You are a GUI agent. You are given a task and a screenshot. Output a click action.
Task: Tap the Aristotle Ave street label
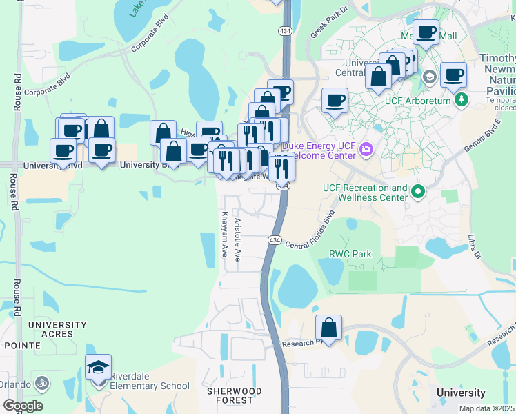[x=237, y=239]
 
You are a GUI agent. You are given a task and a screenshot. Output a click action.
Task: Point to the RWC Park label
[x=350, y=255]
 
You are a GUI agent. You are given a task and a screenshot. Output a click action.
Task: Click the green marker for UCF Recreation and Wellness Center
[x=417, y=190]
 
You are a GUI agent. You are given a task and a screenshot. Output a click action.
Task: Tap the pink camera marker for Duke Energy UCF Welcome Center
[x=366, y=148]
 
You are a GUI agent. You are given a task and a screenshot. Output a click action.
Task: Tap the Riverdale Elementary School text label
[x=145, y=386]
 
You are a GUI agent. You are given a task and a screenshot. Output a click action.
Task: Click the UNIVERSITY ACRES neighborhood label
[x=58, y=329]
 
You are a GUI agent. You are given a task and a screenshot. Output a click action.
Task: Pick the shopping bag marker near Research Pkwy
[x=329, y=328]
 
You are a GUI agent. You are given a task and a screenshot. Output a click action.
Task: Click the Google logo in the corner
[x=23, y=406]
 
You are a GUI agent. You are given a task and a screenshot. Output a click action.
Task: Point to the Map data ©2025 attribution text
[x=486, y=408]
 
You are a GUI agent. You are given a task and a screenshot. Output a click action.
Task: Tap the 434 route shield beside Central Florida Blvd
[x=275, y=239]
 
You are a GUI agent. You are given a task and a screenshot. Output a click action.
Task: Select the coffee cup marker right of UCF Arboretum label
[x=453, y=75]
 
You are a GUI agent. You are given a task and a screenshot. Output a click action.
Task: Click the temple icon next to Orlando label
[x=40, y=382]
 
